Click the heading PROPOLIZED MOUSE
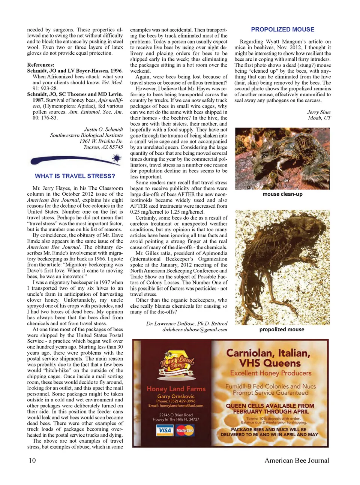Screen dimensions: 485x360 click(282, 30)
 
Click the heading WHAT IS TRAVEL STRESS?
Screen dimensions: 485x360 click(75, 176)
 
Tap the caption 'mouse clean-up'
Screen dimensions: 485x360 click(282, 194)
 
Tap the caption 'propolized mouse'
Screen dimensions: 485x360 click(282, 329)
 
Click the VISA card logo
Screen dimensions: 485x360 click(165, 430)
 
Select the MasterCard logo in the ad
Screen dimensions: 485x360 click(185, 430)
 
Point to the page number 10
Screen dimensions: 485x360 click(32, 460)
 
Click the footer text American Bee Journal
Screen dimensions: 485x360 click(297, 460)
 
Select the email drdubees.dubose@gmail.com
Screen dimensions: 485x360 click(195, 329)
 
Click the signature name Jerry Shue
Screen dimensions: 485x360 click(319, 112)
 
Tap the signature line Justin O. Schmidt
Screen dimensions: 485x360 click(103, 129)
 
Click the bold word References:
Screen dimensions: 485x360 click(40, 65)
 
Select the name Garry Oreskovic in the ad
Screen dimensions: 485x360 click(176, 396)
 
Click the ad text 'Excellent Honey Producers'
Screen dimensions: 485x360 click(271, 373)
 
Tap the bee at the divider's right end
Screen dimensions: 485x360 click(117, 159)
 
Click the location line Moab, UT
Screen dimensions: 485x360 click(319, 118)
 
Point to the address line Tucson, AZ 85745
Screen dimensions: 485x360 click(103, 147)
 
